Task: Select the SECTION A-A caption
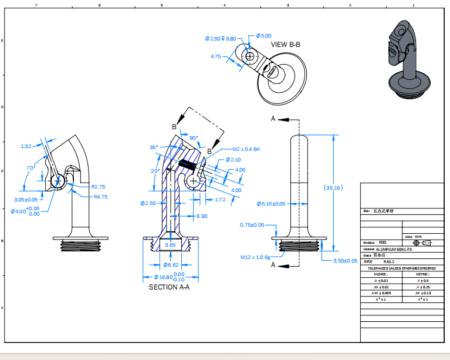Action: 169,287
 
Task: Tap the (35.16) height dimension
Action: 333,188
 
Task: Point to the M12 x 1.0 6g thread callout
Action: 255,257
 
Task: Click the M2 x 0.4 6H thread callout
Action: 246,149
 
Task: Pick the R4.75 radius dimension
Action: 101,197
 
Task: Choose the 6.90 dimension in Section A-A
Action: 201,216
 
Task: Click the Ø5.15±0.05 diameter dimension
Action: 270,204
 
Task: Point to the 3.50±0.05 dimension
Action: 345,260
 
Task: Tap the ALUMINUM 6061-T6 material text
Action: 395,249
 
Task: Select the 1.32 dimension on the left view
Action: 26,146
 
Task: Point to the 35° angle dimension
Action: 154,147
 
